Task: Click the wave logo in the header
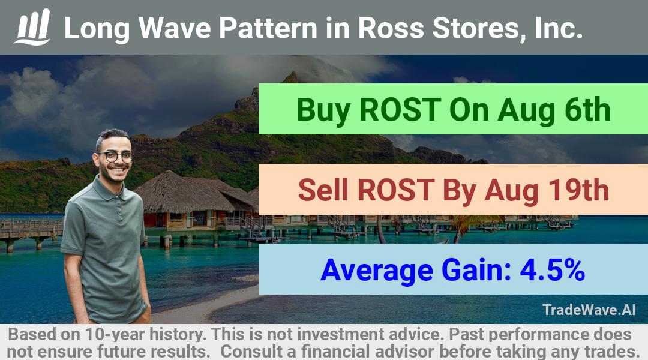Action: [x=32, y=26]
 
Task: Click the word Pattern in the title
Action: [x=268, y=28]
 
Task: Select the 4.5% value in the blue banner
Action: [x=552, y=270]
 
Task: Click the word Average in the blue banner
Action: [x=377, y=271]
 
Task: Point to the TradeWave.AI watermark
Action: [x=589, y=310]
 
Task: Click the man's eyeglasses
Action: [x=116, y=157]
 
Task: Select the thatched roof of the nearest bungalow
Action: [x=184, y=193]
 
